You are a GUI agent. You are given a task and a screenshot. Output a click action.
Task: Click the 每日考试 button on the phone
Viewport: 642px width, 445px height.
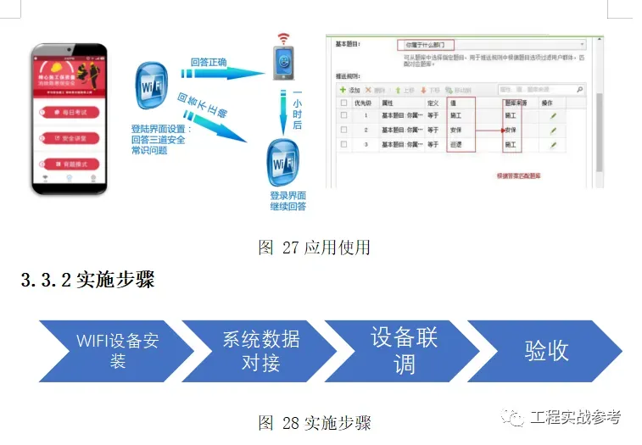click(x=70, y=113)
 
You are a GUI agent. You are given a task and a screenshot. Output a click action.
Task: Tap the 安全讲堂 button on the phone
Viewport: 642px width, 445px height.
click(x=70, y=137)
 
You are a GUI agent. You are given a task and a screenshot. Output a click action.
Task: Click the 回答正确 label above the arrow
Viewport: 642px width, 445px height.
click(x=209, y=62)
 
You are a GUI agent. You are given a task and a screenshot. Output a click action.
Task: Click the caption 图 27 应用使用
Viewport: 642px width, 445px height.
click(x=315, y=248)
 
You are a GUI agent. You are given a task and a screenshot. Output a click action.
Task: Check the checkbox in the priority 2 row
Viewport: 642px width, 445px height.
click(x=343, y=130)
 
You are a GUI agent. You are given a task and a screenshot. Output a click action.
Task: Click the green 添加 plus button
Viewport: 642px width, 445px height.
click(x=350, y=89)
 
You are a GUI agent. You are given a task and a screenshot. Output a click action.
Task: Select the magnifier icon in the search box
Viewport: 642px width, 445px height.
click(x=579, y=89)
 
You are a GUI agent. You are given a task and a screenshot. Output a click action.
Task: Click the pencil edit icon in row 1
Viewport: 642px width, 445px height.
click(x=553, y=115)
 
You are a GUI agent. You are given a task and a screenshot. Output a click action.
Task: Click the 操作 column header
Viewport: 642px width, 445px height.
click(x=547, y=103)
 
